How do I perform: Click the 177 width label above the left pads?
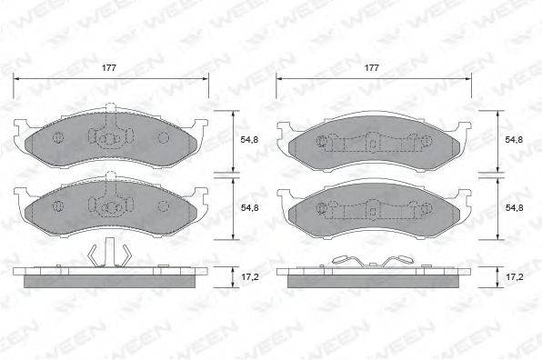coord(109,67)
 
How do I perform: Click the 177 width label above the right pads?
coord(372,67)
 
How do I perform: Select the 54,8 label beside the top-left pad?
coord(249,140)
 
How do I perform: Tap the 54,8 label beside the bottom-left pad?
coord(249,207)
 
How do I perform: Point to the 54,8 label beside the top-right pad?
coord(514,140)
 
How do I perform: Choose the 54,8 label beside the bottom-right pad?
coord(514,207)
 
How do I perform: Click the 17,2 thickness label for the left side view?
coord(249,277)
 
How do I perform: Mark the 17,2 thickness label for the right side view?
coord(514,277)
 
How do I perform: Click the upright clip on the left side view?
coord(110,252)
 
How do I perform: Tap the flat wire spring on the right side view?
coord(372,262)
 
